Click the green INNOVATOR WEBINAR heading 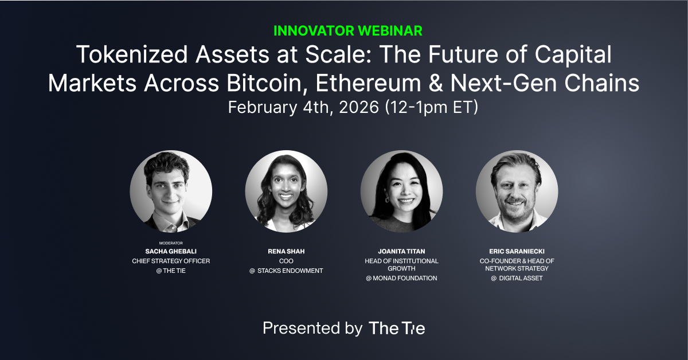(x=347, y=31)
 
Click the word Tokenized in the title (x=132, y=54)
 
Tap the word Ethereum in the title (x=368, y=83)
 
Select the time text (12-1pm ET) (x=432, y=107)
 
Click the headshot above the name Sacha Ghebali (x=171, y=191)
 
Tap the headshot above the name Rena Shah (x=286, y=191)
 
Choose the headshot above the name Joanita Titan (x=401, y=191)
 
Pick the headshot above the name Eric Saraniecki (x=517, y=191)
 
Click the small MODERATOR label (x=171, y=243)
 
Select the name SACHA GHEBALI (x=171, y=251)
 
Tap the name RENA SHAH (x=286, y=251)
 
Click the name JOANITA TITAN (x=401, y=251)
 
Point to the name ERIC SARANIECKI (x=517, y=251)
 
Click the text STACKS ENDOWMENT (x=290, y=271)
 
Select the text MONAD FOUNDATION (x=405, y=278)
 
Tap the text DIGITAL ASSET (x=521, y=278)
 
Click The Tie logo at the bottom (x=397, y=328)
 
